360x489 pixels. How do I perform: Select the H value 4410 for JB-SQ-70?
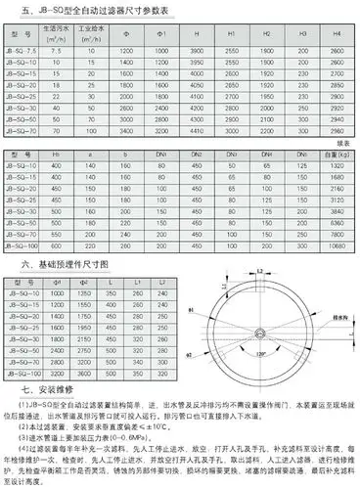pos(196,128)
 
